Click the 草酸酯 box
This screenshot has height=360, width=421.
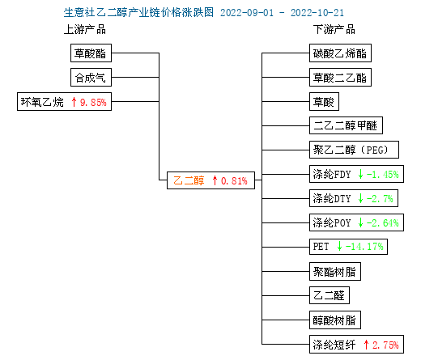point(91,53)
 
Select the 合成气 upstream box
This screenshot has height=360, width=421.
point(91,78)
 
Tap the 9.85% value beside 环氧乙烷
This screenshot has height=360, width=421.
point(93,103)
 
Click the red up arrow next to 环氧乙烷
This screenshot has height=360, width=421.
point(74,102)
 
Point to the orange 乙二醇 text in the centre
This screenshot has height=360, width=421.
point(189,180)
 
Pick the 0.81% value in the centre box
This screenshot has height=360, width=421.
point(234,180)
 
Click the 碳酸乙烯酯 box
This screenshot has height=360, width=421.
point(340,53)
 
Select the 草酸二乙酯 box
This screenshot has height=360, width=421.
point(340,78)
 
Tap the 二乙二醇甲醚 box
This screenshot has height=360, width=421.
point(346,125)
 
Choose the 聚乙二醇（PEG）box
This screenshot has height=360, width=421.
point(354,150)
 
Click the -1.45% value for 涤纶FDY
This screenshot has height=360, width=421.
point(382,175)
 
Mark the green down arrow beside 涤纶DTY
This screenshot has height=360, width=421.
point(360,199)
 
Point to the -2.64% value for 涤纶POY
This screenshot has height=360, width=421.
point(382,223)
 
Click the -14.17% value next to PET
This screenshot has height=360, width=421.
point(364,247)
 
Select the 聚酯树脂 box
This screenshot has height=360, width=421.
point(335,272)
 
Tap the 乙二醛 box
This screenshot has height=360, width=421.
point(330,295)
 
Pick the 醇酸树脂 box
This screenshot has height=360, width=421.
point(335,320)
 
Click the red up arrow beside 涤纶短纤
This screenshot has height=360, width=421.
point(366,345)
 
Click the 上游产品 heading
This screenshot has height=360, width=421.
point(85,29)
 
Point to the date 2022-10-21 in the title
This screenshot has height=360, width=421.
point(317,13)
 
